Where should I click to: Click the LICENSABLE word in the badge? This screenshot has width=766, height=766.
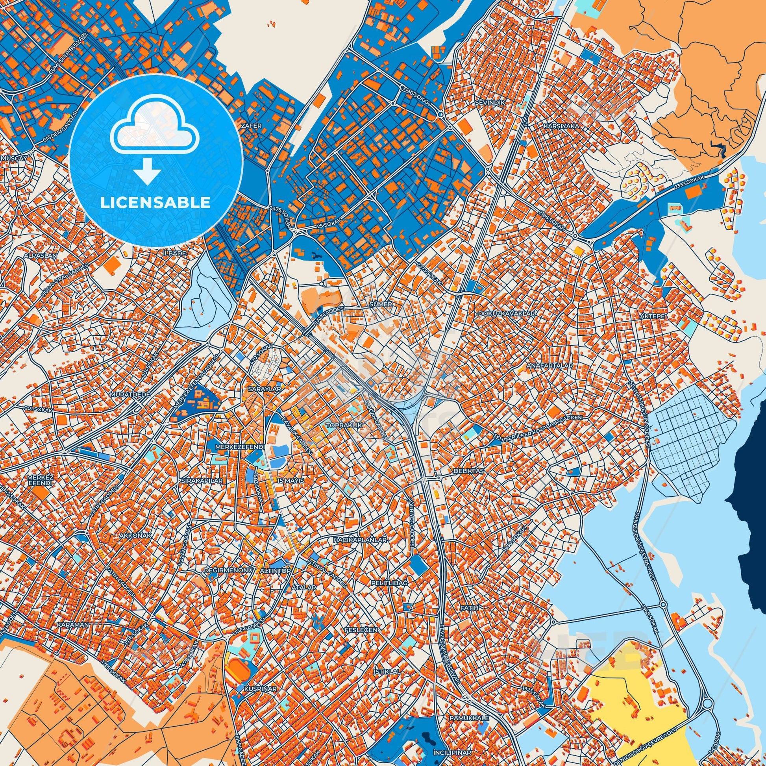[155, 203]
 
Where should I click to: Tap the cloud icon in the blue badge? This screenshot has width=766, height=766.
[155, 129]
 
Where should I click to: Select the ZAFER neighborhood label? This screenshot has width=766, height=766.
[251, 126]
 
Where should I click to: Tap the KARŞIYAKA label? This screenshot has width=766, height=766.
[561, 126]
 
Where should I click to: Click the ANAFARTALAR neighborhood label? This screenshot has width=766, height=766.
[550, 366]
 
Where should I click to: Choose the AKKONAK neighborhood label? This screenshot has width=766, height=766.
[135, 535]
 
